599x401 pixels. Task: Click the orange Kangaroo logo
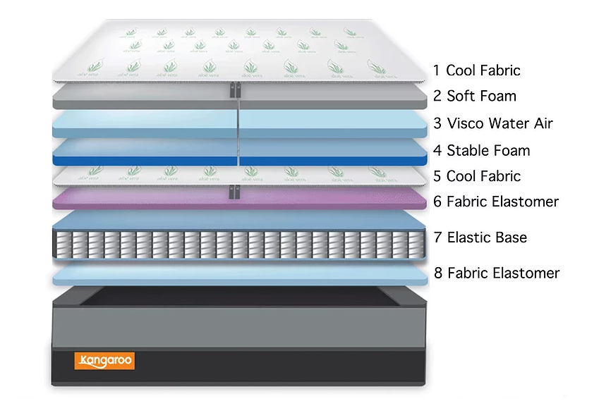click(x=104, y=362)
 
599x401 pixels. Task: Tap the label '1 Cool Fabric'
click(x=476, y=70)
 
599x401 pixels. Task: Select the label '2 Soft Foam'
click(x=475, y=97)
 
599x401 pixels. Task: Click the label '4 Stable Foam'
click(x=482, y=151)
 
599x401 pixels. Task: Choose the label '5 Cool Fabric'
click(x=477, y=176)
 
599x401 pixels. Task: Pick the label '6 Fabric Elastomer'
click(x=496, y=202)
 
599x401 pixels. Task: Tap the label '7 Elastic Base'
click(x=480, y=237)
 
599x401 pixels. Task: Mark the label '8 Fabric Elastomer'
click(x=497, y=273)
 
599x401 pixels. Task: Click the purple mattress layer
click(x=141, y=198)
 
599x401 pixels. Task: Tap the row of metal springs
click(x=240, y=244)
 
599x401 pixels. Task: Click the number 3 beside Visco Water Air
click(x=438, y=124)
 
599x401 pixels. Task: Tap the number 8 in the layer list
click(x=438, y=273)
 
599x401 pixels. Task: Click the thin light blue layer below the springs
click(x=240, y=276)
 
